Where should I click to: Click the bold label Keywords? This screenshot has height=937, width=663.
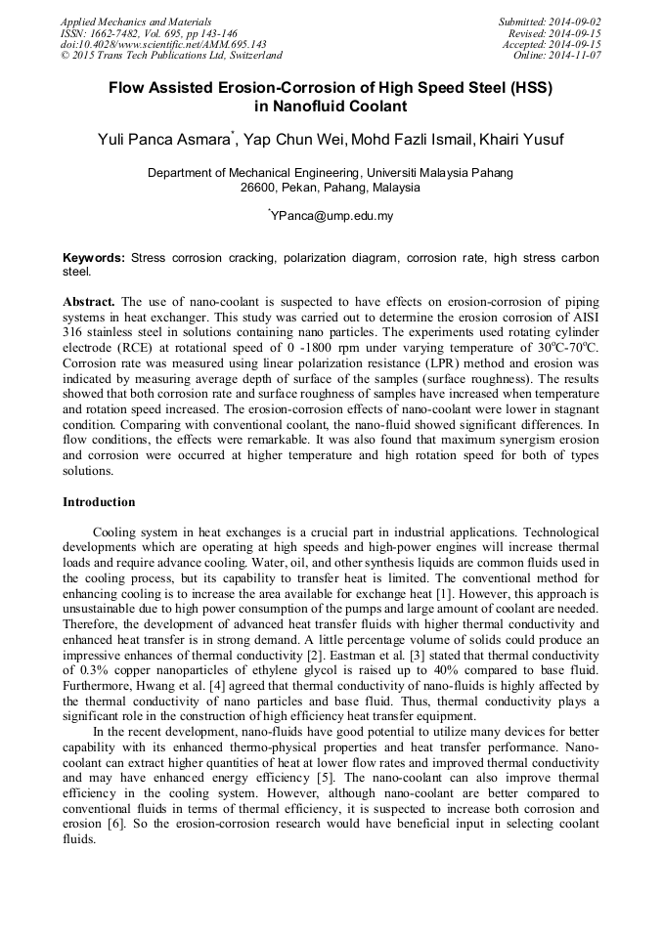(94, 258)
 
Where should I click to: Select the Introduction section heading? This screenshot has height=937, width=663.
(99, 501)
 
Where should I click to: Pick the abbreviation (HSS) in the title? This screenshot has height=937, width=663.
(527, 87)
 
